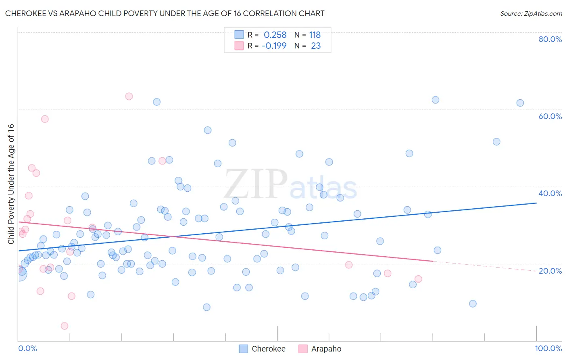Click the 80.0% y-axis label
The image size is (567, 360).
pos(550,39)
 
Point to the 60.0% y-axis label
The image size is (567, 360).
pos(550,116)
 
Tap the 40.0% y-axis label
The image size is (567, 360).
pos(550,193)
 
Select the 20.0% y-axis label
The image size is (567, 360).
pos(550,271)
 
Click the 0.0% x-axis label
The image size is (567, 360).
pos(27,348)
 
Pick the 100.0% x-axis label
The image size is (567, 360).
pos(548,348)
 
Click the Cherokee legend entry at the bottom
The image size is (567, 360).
pos(268,349)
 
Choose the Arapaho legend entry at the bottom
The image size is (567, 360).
pos(326,349)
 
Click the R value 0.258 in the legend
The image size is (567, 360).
pos(275,35)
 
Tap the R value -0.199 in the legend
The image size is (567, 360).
pos(274,46)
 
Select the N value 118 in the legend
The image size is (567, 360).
pos(315,35)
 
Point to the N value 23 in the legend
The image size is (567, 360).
pos(316,46)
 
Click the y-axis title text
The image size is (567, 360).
pos(11,184)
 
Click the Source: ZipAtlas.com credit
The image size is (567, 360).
pos(531,14)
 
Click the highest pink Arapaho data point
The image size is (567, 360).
pos(129,96)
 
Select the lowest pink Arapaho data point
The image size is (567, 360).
pos(64,326)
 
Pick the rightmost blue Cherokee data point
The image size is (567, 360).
pos(520,103)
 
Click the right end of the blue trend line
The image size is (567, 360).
pos(536,203)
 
